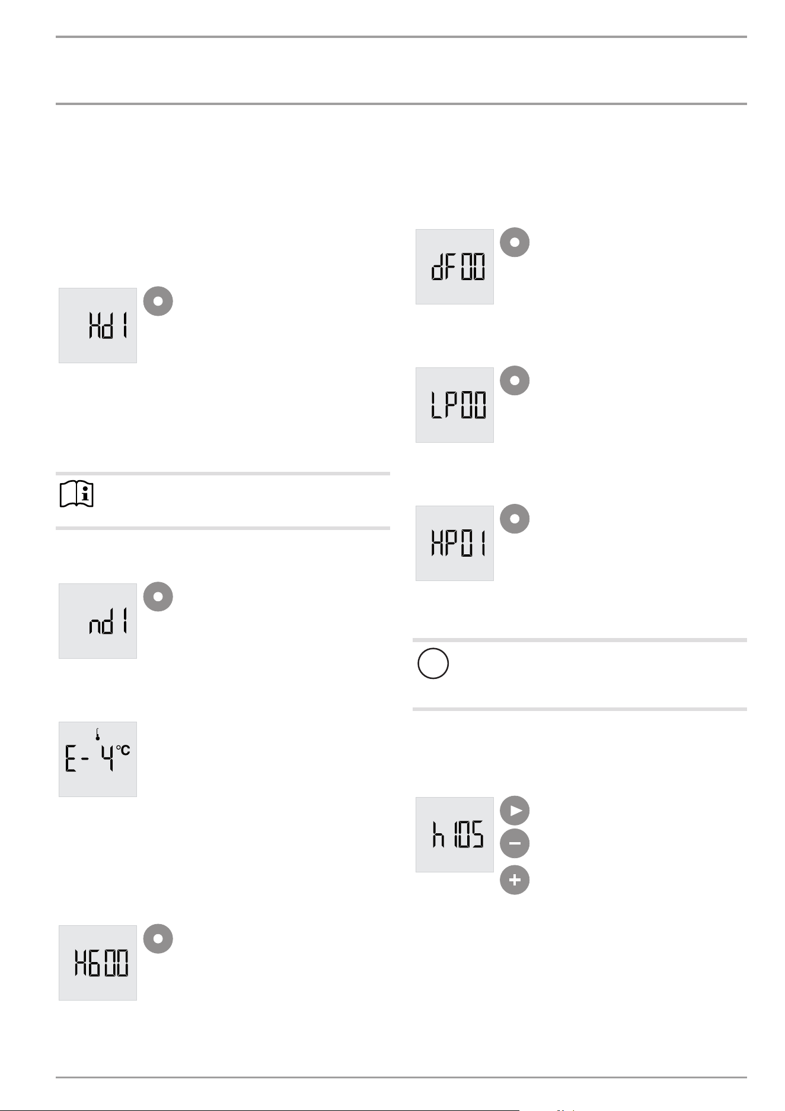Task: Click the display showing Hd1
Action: click(98, 325)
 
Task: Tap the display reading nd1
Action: click(98, 621)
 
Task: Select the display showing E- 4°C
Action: click(98, 759)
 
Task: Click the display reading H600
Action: click(98, 963)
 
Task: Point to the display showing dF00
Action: click(455, 266)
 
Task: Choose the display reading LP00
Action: click(455, 405)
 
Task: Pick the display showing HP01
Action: click(455, 543)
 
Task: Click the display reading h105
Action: click(455, 834)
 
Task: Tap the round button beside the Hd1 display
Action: click(158, 301)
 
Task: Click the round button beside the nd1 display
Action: click(158, 596)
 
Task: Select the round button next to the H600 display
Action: click(158, 938)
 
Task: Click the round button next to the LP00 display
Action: click(515, 380)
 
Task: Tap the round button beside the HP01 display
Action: click(515, 519)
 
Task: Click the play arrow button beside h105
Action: click(515, 811)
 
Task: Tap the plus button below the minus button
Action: click(515, 880)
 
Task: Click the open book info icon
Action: click(77, 494)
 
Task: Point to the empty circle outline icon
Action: click(433, 664)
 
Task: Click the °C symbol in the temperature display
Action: click(123, 750)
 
